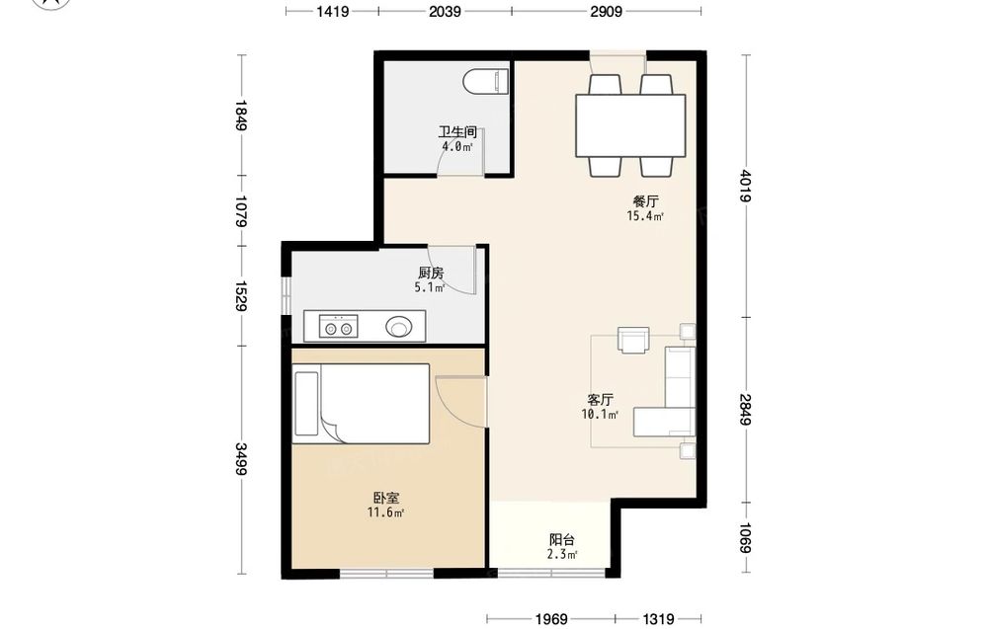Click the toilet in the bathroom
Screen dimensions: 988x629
[485, 82]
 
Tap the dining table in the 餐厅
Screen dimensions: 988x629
[630, 125]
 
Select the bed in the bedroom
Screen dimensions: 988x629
[362, 404]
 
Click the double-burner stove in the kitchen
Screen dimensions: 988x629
[338, 328]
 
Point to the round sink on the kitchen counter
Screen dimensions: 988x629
[399, 327]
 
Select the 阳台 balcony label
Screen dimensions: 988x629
[562, 540]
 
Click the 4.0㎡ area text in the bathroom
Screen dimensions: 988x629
[456, 147]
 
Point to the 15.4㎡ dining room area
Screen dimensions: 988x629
[645, 216]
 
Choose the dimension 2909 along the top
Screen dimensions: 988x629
[607, 11]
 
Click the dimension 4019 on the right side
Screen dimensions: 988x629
[746, 186]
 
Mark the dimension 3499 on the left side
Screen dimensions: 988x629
[241, 459]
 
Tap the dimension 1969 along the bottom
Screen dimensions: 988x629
[551, 619]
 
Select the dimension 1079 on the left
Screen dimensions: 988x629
[241, 211]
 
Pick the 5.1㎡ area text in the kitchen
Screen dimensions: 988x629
[429, 287]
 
